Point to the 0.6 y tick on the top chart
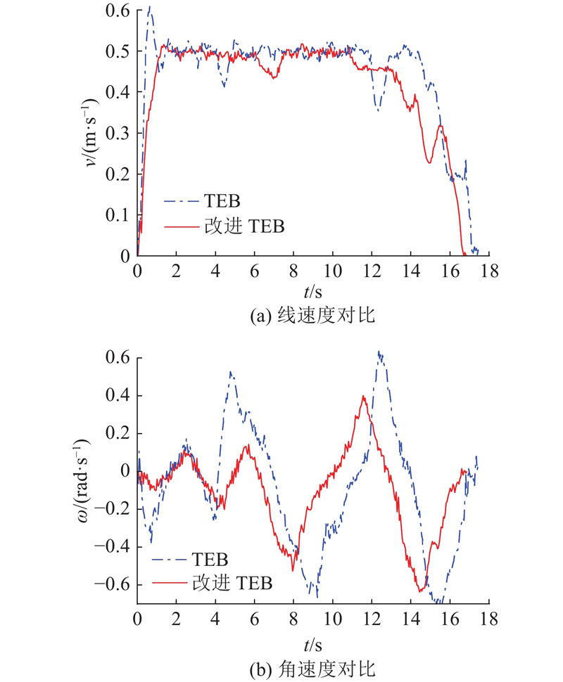pyautogui.click(x=118, y=11)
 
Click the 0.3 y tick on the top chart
pyautogui.click(x=118, y=133)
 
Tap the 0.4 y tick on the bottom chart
pyautogui.click(x=118, y=394)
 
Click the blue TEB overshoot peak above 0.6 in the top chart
pyautogui.click(x=150, y=8)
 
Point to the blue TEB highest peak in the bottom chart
pyautogui.click(x=379, y=352)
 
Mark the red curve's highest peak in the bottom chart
pyautogui.click(x=363, y=397)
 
